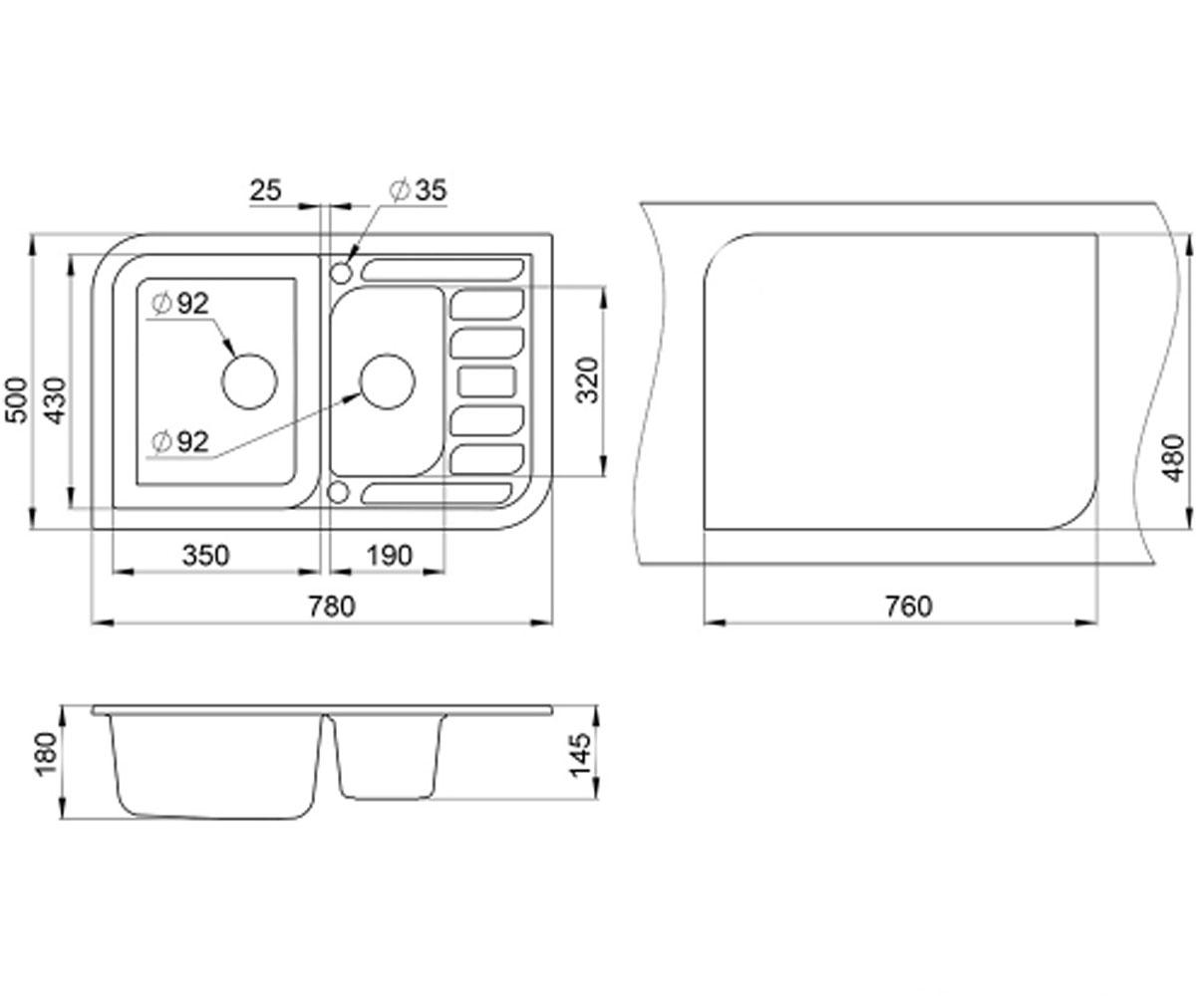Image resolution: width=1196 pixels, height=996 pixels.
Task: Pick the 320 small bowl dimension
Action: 587,380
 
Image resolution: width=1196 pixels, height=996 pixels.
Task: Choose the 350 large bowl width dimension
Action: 205,555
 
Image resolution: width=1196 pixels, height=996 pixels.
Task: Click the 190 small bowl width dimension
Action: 390,555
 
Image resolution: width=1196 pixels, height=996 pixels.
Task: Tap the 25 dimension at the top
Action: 266,190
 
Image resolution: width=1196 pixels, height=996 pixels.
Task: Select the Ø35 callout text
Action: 418,190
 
